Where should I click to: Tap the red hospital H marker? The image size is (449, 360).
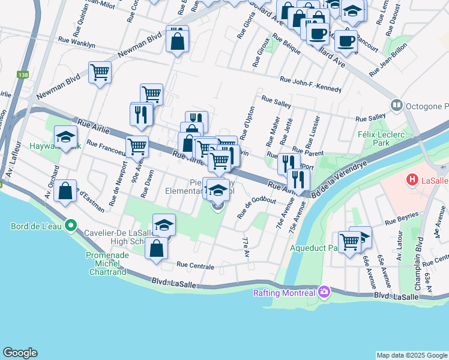point(412,179)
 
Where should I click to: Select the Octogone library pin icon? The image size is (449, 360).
point(396,106)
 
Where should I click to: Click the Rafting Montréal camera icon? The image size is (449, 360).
point(325,292)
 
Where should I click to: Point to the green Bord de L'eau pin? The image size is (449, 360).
point(71,226)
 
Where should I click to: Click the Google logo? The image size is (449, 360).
point(20,352)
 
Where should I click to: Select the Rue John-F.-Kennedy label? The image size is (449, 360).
point(311,85)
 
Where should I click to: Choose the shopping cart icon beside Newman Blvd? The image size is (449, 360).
point(100,73)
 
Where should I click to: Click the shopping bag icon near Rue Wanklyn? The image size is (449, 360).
point(177,41)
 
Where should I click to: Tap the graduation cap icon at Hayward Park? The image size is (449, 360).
point(65,137)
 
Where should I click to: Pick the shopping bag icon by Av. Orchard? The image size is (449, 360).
point(65,191)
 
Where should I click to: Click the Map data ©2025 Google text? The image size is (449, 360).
point(411,355)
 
